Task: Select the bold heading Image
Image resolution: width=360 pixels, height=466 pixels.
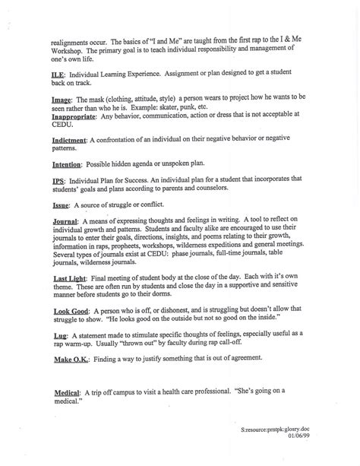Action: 63,100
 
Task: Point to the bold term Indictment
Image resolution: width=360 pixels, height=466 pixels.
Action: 72,140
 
